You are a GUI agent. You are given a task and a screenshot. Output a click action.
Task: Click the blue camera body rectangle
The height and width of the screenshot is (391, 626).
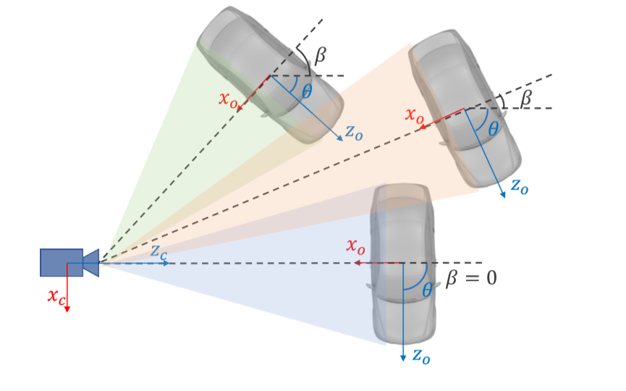[61, 262]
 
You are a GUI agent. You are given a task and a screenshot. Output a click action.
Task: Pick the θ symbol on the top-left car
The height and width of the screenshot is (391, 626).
[307, 92]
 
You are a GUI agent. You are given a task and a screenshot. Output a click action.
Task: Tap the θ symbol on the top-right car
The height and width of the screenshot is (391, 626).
[494, 129]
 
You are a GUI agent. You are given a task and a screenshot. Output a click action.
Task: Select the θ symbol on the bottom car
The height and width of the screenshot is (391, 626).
[427, 290]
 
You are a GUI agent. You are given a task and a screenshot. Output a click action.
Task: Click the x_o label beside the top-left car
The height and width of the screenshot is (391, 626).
[228, 98]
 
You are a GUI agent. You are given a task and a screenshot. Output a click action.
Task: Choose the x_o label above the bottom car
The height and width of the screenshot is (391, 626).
[356, 245]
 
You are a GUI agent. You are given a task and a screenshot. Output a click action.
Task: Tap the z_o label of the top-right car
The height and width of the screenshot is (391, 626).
[519, 185]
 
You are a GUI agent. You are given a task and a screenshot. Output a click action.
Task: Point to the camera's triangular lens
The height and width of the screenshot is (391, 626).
[91, 262]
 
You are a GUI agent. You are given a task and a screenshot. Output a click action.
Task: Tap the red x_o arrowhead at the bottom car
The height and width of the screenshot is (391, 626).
[358, 263]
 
